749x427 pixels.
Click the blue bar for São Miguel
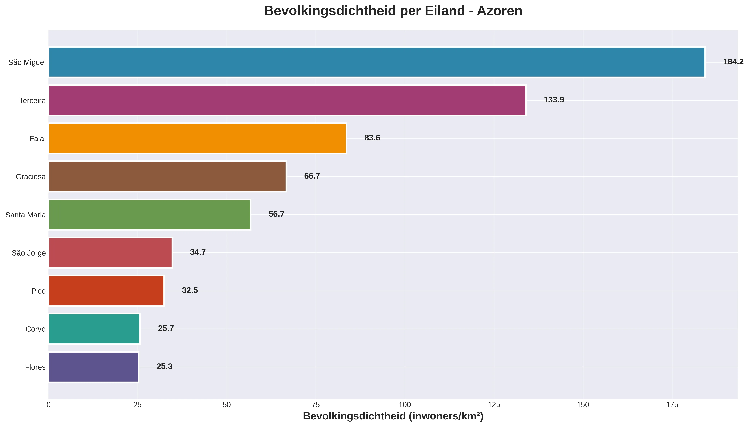coord(376,62)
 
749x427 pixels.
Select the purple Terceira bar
coord(287,100)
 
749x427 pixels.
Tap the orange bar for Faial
coord(197,138)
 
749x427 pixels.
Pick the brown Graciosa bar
coord(167,177)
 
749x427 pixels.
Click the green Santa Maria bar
coord(149,215)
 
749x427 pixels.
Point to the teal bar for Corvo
coord(94,329)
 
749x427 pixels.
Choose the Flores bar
coord(94,367)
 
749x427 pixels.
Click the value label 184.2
coord(733,62)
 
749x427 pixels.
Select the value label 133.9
coord(553,100)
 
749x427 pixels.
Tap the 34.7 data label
coord(198,252)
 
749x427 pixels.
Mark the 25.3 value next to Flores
coord(164,367)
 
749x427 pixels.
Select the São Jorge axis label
coord(29,253)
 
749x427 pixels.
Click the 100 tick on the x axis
coord(405,405)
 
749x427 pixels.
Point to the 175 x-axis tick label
coord(672,405)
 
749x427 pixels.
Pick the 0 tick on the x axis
coord(49,405)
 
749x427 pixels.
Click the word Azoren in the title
coord(499,11)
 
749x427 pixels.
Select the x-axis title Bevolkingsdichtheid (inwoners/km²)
coord(393,416)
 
